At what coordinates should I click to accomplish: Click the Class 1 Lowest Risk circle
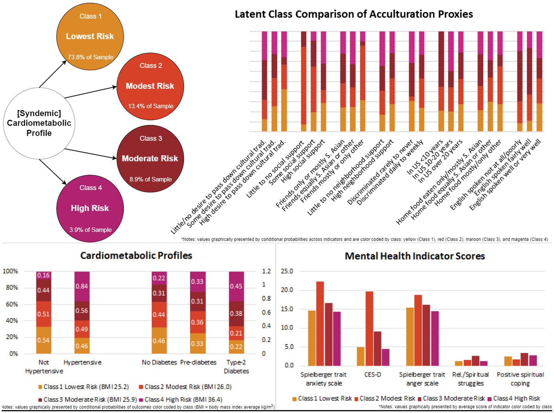[90, 36]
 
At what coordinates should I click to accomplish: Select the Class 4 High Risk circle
[90, 208]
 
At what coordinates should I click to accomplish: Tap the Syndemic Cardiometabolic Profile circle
[39, 123]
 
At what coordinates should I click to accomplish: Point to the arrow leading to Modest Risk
[90, 92]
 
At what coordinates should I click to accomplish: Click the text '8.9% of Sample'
[151, 179]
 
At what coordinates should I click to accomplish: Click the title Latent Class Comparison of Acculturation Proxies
[354, 14]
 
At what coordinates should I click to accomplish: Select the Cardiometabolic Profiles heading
[136, 256]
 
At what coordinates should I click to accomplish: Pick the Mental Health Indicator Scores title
[415, 256]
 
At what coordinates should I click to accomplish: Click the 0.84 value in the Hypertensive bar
[82, 286]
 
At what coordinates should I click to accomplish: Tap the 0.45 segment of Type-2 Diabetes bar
[236, 286]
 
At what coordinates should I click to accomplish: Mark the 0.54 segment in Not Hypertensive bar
[43, 340]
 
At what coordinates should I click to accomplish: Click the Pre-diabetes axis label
[198, 362]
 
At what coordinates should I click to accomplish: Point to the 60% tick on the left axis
[10, 304]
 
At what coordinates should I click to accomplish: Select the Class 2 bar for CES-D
[369, 329]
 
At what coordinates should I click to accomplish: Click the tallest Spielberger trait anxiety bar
[320, 323]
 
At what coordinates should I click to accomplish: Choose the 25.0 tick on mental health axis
[287, 271]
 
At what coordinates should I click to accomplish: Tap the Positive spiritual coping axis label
[520, 379]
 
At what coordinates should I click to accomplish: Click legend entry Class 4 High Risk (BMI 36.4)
[180, 399]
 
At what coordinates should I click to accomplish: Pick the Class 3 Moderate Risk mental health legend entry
[451, 398]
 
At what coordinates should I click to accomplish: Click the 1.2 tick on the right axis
[266, 271]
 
